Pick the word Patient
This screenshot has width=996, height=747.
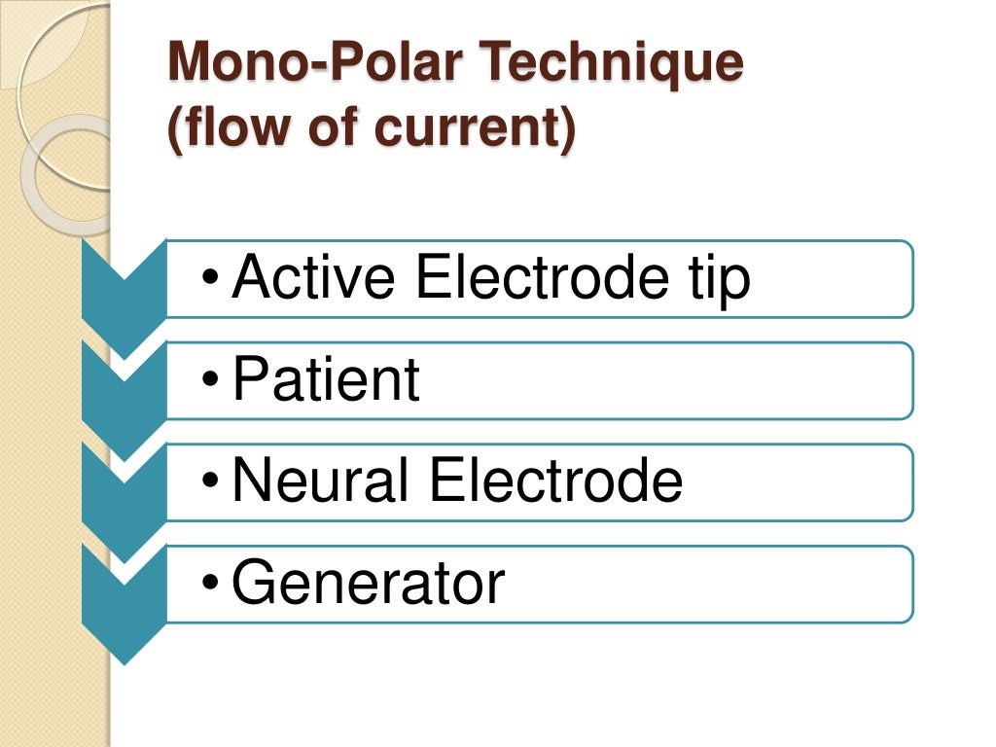[326, 380]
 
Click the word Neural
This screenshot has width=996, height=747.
[323, 481]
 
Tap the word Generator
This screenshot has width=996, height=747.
[368, 584]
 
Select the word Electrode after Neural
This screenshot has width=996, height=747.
[555, 481]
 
